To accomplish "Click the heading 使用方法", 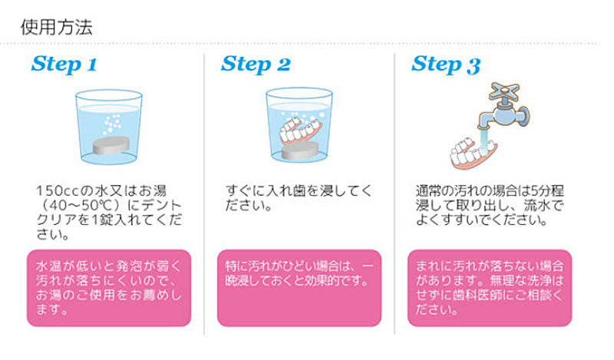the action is (56, 28).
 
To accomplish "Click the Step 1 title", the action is (64, 64).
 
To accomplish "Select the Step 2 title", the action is (256, 64).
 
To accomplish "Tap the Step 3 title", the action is (446, 64).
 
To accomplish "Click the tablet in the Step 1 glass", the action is (111, 145).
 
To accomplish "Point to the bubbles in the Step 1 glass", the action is (112, 124).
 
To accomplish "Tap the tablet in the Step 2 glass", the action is (300, 150).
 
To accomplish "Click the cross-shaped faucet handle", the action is (504, 92).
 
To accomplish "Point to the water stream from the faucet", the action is (484, 139).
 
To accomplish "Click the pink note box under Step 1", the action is (109, 288).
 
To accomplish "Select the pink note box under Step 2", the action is (299, 288).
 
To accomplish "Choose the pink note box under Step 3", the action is (490, 288).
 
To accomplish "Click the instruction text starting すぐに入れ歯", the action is (299, 198).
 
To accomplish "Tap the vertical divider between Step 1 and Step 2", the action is (204, 194).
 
